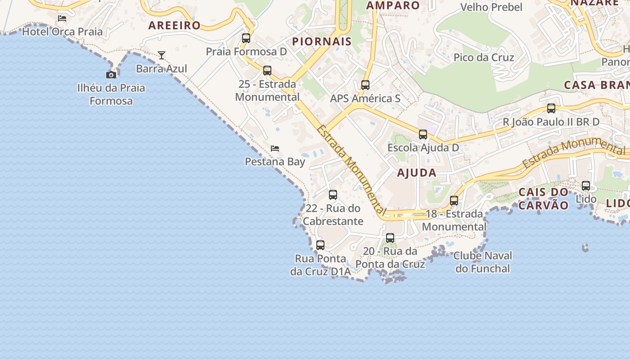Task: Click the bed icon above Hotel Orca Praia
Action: click(x=62, y=18)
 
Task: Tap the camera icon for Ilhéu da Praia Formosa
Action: click(x=111, y=75)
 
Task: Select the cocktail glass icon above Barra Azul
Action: click(x=162, y=55)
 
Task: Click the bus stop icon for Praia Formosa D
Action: click(x=246, y=38)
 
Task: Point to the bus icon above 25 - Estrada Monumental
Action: click(x=267, y=71)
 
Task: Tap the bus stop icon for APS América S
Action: click(x=365, y=85)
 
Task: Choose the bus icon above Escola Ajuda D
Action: click(x=423, y=135)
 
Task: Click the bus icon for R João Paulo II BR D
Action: click(x=551, y=108)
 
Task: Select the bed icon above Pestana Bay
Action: click(x=275, y=148)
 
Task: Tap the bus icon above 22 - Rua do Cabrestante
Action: click(x=333, y=195)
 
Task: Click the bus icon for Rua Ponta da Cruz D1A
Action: click(x=320, y=245)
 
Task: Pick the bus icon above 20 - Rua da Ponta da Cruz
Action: click(x=390, y=238)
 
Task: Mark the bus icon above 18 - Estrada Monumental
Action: click(x=454, y=201)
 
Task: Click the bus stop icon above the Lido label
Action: click(x=586, y=186)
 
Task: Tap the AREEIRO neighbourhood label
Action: click(x=175, y=25)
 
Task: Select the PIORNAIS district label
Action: click(x=322, y=42)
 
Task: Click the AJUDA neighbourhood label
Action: click(x=417, y=172)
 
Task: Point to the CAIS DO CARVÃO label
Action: click(x=544, y=198)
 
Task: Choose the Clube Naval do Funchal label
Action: click(x=483, y=262)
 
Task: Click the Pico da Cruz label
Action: click(x=484, y=57)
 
